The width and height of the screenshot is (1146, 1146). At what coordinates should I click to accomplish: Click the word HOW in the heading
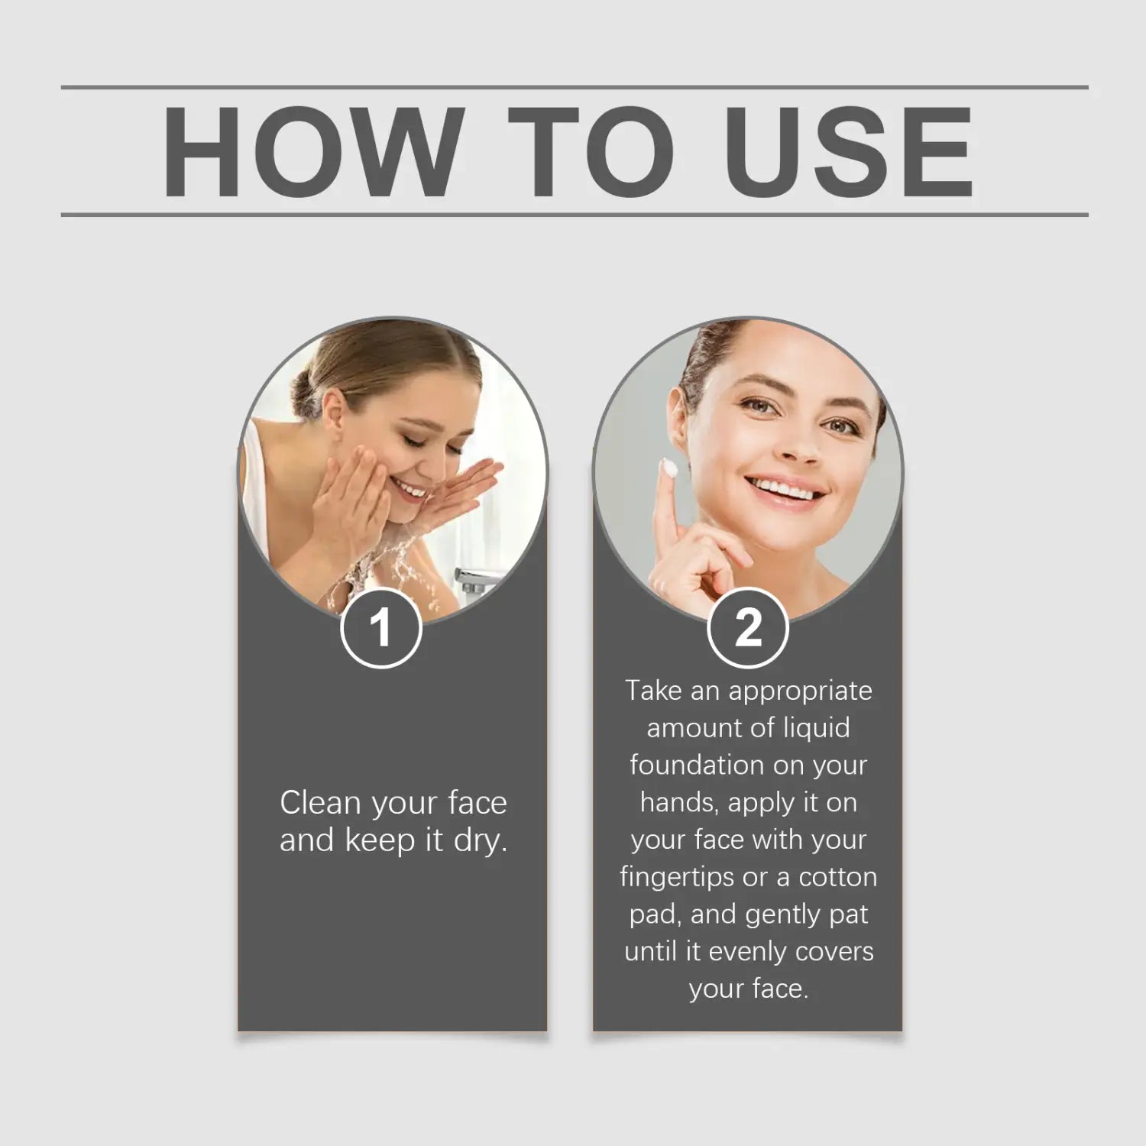tap(313, 152)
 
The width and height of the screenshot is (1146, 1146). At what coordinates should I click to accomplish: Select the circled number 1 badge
tap(380, 628)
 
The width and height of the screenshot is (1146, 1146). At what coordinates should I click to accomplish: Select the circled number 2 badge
tap(748, 628)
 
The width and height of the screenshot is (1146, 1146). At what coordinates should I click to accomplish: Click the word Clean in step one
tap(320, 803)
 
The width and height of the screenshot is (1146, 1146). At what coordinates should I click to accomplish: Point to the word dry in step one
tap(481, 841)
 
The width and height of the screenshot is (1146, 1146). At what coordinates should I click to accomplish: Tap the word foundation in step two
tap(694, 765)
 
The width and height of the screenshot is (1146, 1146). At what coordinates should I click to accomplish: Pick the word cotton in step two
tap(838, 878)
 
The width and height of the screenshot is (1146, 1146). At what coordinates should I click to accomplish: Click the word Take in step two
tap(654, 691)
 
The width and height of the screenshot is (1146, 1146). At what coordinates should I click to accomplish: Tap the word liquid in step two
tap(817, 728)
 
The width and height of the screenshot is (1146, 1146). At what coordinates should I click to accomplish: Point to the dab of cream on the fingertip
tap(670, 467)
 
